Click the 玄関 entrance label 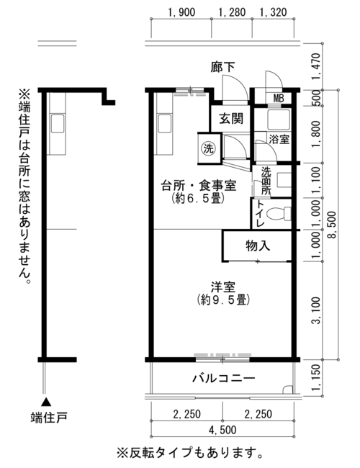(231, 119)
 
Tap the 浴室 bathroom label (279, 139)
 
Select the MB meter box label (278, 98)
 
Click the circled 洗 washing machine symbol (208, 148)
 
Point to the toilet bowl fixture (278, 213)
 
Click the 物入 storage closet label (258, 246)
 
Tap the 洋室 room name (223, 287)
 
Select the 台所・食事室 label (199, 186)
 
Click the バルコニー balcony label (224, 379)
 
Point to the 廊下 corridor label (222, 67)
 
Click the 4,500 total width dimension (222, 430)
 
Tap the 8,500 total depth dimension (332, 225)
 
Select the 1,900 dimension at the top (181, 12)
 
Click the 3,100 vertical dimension (316, 310)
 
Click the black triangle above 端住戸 (46, 402)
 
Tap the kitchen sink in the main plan (164, 123)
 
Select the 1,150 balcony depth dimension (316, 377)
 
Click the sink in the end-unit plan (58, 123)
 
